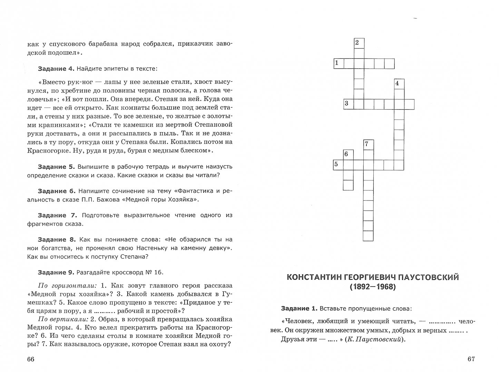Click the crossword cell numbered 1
coord(339,64)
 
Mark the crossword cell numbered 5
coord(338,165)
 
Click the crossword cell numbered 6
coord(348,155)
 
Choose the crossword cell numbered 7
coord(369,145)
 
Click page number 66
coord(30,359)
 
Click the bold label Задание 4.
coord(56,69)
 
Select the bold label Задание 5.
coord(56,167)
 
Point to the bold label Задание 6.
coord(56,191)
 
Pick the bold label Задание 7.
coord(56,215)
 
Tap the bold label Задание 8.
coord(56,239)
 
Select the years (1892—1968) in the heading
coord(373,287)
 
